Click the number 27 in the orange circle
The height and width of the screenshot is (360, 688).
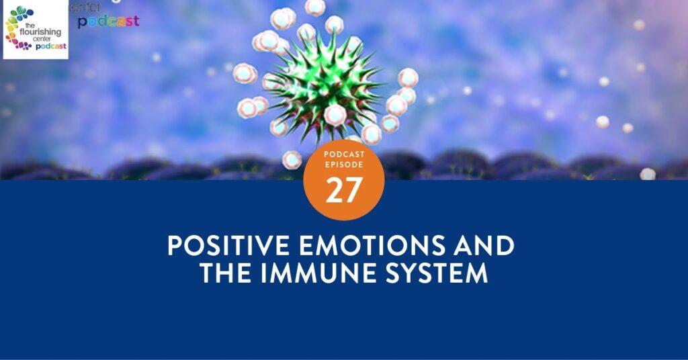point(343,191)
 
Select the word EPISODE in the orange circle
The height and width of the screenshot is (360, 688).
point(343,165)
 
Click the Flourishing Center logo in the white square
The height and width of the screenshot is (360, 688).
point(36,30)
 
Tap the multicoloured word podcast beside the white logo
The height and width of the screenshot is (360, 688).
point(108,21)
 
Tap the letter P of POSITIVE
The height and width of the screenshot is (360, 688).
point(174,246)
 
